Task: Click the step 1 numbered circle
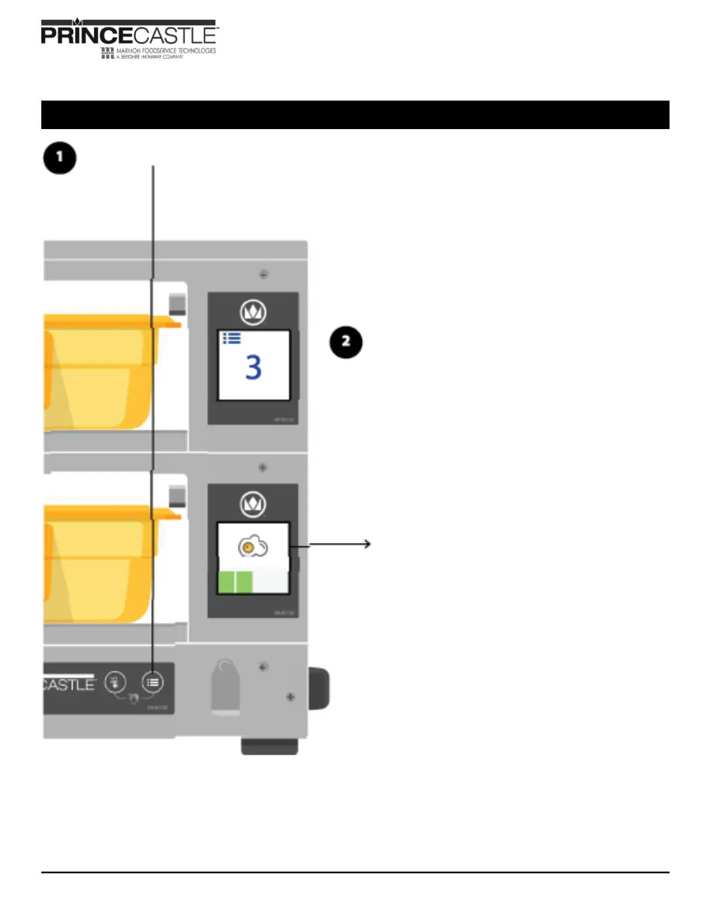tap(60, 158)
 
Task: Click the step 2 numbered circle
tap(346, 342)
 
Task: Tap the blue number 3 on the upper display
tap(254, 367)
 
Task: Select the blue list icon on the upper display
tap(232, 338)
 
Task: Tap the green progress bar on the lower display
tap(236, 581)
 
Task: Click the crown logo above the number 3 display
tap(253, 312)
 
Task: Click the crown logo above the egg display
tap(253, 504)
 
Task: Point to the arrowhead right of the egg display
tap(368, 544)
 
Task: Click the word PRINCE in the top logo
tap(87, 35)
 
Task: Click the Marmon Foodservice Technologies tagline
tap(165, 51)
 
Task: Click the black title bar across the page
tap(355, 115)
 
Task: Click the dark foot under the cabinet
tap(270, 747)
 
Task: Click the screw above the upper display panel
tap(264, 274)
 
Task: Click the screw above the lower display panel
tap(263, 467)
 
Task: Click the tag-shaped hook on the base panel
tap(225, 686)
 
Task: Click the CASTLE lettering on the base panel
tap(69, 684)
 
